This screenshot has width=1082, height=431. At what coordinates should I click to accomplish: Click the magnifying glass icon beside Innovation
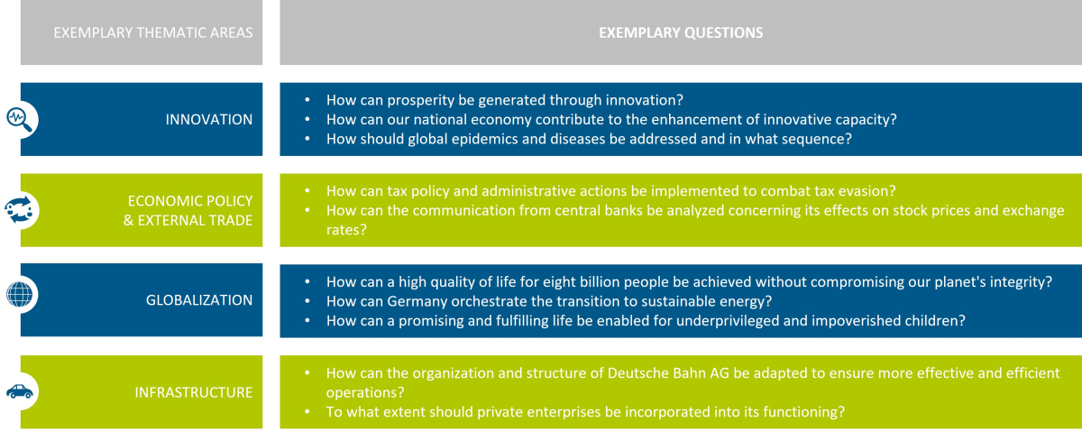[x=19, y=119]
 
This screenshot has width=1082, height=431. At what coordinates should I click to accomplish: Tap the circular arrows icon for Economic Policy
[x=19, y=210]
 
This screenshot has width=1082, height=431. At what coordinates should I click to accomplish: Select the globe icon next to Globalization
[x=19, y=294]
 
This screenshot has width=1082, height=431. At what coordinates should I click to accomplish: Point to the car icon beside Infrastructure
[x=19, y=391]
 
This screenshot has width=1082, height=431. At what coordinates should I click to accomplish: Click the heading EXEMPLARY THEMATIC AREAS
[x=153, y=32]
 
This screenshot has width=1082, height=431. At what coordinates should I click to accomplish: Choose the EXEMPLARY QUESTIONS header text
[x=681, y=32]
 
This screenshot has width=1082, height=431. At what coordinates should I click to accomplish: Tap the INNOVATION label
[x=209, y=119]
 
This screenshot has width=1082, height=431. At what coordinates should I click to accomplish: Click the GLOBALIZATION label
[x=199, y=300]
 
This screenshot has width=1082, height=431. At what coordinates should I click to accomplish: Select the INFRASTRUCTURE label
[x=194, y=392]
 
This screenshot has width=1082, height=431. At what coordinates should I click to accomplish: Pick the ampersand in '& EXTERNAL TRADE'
[x=128, y=220]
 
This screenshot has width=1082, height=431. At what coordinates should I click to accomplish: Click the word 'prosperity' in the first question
[x=420, y=100]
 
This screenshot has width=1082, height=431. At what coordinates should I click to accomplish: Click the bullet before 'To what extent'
[x=307, y=412]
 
